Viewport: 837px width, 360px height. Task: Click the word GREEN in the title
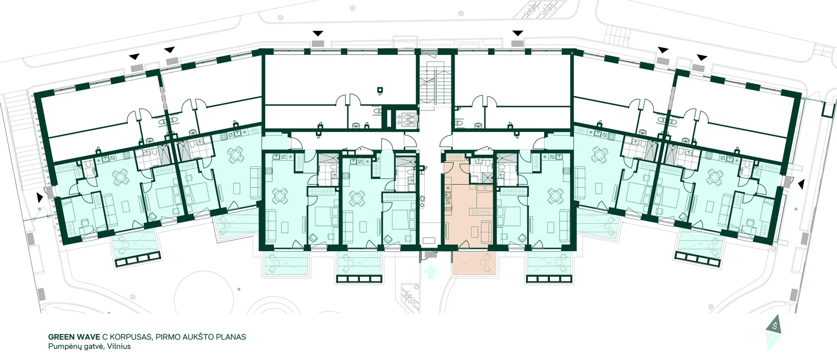tap(61, 337)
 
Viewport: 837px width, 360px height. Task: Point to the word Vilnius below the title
tap(119, 346)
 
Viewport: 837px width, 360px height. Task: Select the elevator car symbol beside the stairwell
tap(407, 120)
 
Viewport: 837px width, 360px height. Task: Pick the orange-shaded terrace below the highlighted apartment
tap(474, 264)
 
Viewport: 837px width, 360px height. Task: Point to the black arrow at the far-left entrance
tap(39, 197)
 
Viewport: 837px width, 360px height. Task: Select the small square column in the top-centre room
tap(380, 89)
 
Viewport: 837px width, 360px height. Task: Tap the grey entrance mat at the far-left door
tap(49, 192)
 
